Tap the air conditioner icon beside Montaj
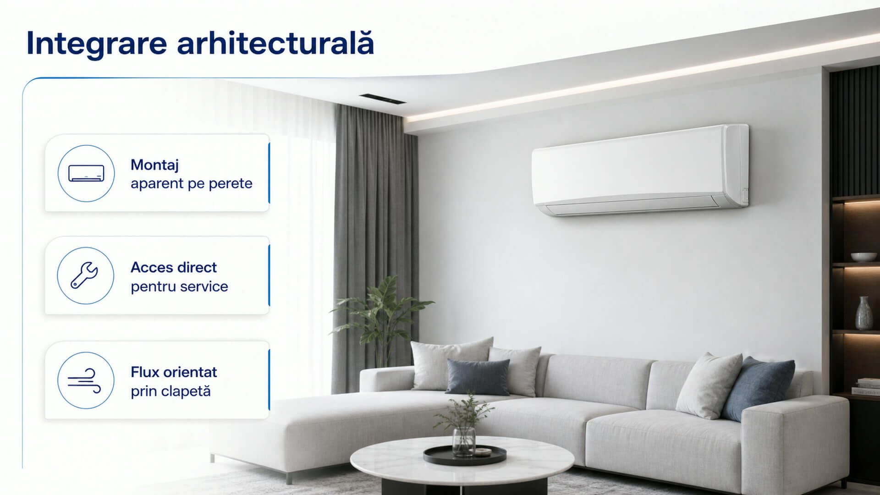tap(86, 173)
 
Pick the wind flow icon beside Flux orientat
tap(85, 380)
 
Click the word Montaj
tap(154, 165)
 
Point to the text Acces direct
tap(174, 267)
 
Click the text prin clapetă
tap(170, 392)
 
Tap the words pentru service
tap(179, 287)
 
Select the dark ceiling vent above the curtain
tap(382, 99)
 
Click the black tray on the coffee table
tap(465, 454)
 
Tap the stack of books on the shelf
tap(866, 386)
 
